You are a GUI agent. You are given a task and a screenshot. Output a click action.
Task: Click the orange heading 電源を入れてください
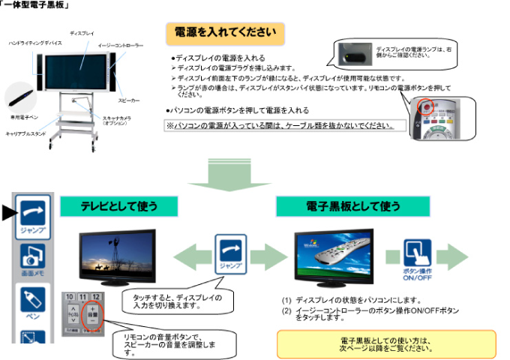pos(225,32)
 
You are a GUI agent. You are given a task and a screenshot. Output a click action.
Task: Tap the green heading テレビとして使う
pos(119,205)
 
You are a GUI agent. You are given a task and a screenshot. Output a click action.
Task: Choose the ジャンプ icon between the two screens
pos(230,253)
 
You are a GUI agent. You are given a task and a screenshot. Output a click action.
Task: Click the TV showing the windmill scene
pos(117,255)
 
